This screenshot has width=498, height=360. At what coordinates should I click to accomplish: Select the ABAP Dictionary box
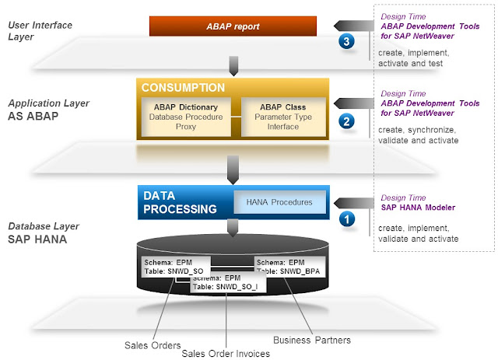click(185, 117)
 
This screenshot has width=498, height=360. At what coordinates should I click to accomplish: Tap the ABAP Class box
click(283, 117)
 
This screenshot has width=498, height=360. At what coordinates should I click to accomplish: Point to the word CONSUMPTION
click(184, 88)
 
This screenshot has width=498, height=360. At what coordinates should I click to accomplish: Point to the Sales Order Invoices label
click(225, 353)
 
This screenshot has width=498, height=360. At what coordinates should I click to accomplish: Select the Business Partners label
click(311, 339)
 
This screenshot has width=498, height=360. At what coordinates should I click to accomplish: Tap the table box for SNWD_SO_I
click(229, 281)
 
